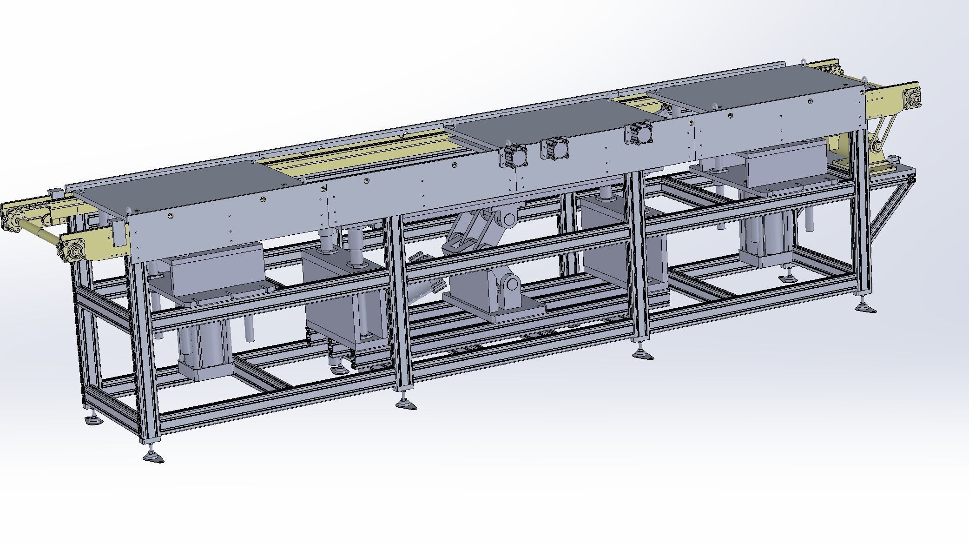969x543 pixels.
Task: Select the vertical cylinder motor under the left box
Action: point(204,349)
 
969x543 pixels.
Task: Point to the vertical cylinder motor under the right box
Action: point(765,242)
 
